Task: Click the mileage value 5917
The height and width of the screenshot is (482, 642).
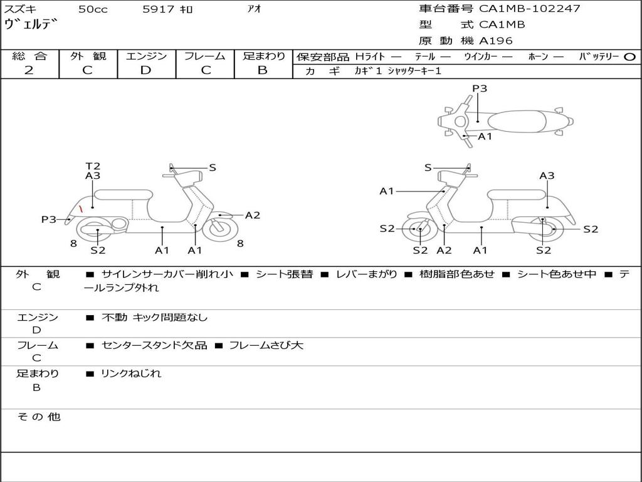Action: coord(159,9)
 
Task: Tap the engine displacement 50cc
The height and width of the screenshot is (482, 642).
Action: coord(92,9)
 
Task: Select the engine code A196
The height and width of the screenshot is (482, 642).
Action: coord(496,41)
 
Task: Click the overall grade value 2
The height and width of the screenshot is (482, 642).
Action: coord(29,70)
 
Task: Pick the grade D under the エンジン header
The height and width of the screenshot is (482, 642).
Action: coord(146,70)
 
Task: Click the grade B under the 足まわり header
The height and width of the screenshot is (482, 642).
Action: coord(263,70)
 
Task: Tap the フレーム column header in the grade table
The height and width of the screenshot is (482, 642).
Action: coord(205,56)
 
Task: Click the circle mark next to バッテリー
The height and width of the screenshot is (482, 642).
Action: coord(630,56)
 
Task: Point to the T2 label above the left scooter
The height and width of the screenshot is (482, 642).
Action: coord(93,166)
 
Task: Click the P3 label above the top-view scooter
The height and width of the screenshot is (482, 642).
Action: coord(480,88)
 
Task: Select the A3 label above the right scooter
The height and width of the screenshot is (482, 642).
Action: coord(547,176)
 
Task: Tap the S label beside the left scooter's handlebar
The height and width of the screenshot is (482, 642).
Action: coord(213,168)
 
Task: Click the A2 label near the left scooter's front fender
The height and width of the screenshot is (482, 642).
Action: coord(253,215)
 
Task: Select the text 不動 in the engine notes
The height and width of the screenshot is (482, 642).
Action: coord(113,318)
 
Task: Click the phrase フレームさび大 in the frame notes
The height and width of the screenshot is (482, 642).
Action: coord(266,345)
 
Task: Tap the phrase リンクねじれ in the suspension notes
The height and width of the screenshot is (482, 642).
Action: coord(131,373)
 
